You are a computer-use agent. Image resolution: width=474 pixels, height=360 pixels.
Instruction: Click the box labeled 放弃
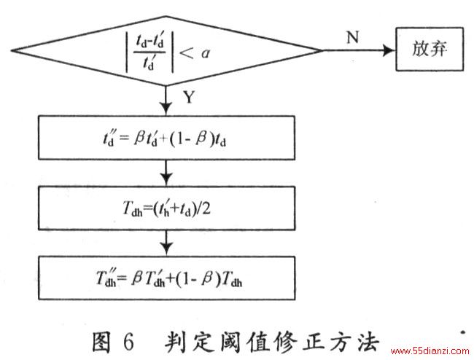pos(430,49)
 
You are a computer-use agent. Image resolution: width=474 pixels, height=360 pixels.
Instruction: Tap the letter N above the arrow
pos(352,37)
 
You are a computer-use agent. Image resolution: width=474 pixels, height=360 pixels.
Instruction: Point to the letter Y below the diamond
pos(189,97)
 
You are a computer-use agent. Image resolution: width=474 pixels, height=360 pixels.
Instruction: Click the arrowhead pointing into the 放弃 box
pos(389,50)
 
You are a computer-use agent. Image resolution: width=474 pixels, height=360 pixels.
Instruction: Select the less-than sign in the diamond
pos(187,53)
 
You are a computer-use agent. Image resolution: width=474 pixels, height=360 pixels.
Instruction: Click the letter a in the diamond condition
pos(206,54)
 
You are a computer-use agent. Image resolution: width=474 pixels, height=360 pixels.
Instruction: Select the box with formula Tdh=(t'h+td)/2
pos(166,208)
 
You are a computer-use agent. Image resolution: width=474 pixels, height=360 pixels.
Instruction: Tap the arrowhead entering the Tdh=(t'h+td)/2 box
pos(166,179)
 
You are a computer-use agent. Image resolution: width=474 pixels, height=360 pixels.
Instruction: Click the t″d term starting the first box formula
pos(108,138)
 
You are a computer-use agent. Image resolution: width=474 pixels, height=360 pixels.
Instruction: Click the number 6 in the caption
pos(128,342)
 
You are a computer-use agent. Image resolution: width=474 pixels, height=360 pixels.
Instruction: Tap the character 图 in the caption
pos(101,342)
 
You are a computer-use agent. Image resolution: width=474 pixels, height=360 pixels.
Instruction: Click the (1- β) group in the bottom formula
pos(194,279)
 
